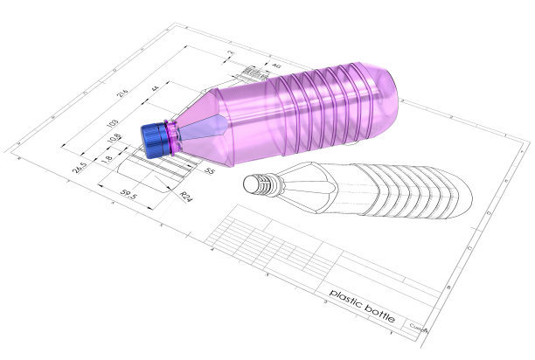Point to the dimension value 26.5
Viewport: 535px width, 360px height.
(x=81, y=166)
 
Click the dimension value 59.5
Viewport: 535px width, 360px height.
(x=129, y=196)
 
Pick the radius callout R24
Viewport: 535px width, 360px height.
(x=185, y=197)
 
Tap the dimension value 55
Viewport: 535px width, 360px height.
(x=208, y=172)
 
